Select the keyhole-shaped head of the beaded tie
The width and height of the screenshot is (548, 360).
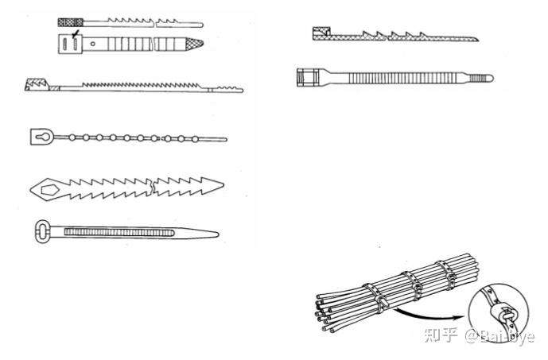[41, 137]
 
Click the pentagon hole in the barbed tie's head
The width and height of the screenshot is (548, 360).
[49, 189]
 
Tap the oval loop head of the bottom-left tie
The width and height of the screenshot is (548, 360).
[44, 233]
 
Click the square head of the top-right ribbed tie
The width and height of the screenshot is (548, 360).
[306, 78]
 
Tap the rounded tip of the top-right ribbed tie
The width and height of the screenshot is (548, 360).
[488, 78]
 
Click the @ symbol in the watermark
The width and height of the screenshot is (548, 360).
[471, 337]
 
